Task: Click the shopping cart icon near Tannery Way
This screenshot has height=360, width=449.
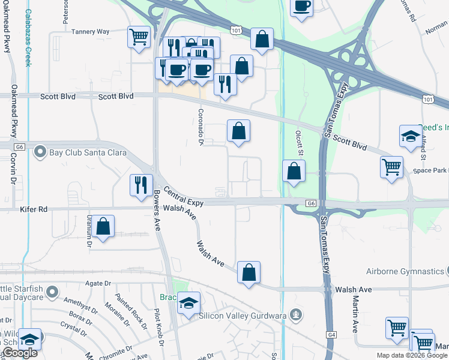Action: click(139, 37)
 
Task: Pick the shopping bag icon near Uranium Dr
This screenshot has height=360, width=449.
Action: click(103, 226)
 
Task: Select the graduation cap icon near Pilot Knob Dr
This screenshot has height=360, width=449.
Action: click(188, 304)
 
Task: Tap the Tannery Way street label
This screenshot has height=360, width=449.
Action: click(90, 32)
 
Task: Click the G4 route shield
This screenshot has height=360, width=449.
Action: click(331, 334)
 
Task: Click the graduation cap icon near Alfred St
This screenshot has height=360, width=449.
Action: click(410, 136)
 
